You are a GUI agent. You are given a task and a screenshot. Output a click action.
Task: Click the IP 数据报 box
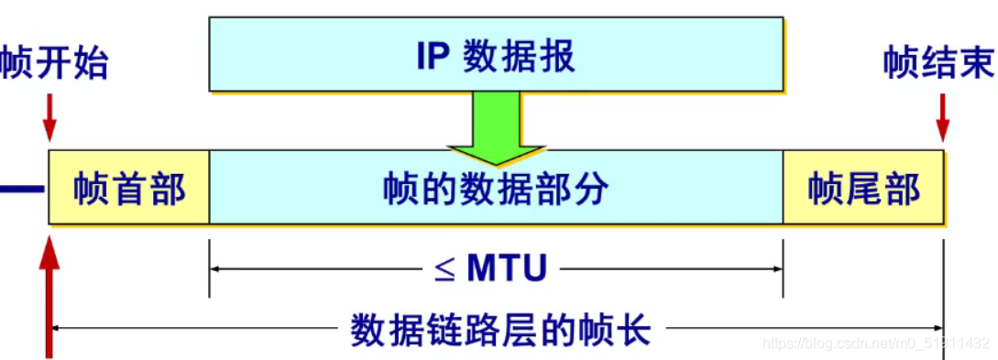click(x=496, y=55)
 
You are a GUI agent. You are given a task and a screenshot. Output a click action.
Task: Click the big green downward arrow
click(x=495, y=128)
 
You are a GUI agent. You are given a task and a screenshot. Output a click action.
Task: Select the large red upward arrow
click(x=49, y=293)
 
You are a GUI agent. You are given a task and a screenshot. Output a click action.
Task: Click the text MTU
click(x=507, y=268)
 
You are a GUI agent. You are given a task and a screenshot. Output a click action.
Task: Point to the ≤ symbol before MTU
click(x=444, y=269)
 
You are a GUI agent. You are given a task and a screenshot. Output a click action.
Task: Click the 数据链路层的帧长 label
click(x=500, y=327)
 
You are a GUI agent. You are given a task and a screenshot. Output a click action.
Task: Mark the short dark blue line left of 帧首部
click(x=21, y=190)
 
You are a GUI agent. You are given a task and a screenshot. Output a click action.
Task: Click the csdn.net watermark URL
click(x=876, y=344)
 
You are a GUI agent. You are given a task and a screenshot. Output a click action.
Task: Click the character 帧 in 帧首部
click(x=90, y=190)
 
